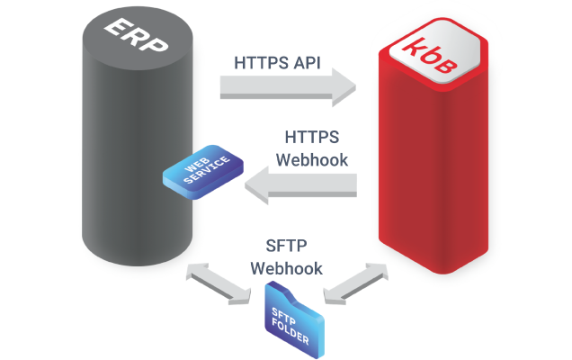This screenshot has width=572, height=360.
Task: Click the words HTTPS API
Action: pyautogui.click(x=279, y=64)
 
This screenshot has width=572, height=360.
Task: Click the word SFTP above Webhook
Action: pyautogui.click(x=286, y=247)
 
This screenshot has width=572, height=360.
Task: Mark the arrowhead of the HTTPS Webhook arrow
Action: pyautogui.click(x=257, y=187)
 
